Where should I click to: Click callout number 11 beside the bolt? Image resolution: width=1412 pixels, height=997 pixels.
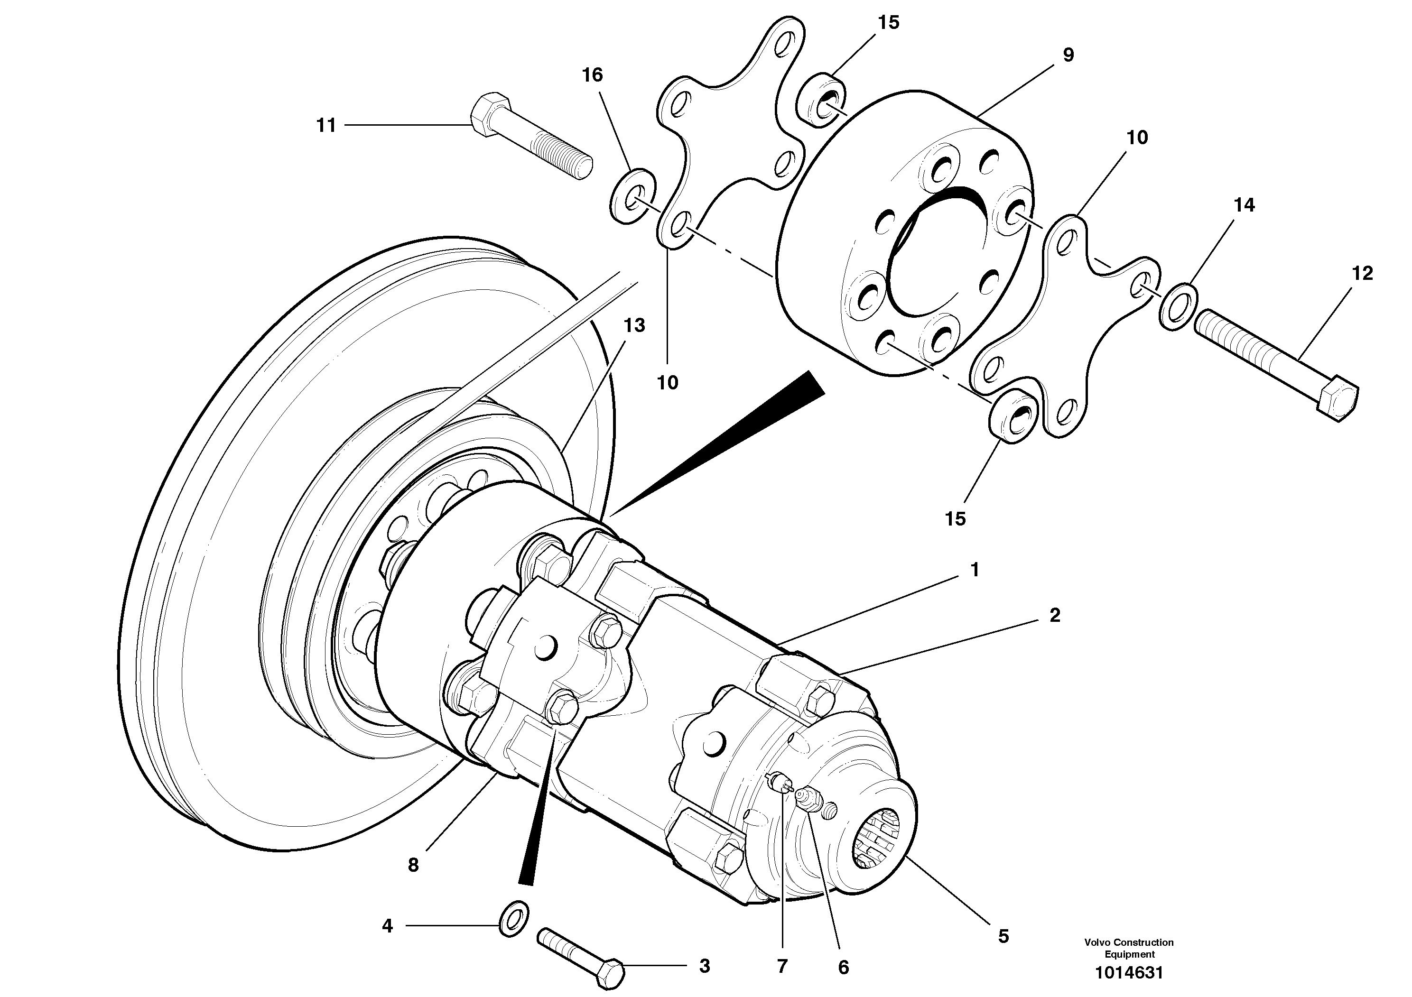pyautogui.click(x=326, y=125)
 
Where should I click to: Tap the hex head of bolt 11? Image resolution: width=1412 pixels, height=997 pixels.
pyautogui.click(x=489, y=114)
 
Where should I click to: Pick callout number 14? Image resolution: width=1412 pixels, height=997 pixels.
pyautogui.click(x=1244, y=205)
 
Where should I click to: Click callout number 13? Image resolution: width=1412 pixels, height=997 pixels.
pyautogui.click(x=634, y=325)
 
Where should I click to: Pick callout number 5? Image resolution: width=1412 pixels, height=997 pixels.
pyautogui.click(x=1003, y=936)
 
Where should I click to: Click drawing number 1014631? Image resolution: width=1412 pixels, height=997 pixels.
pyautogui.click(x=1129, y=973)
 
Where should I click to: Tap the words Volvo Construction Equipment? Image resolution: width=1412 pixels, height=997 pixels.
pyautogui.click(x=1129, y=948)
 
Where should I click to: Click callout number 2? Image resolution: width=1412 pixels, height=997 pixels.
pyautogui.click(x=1055, y=615)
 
